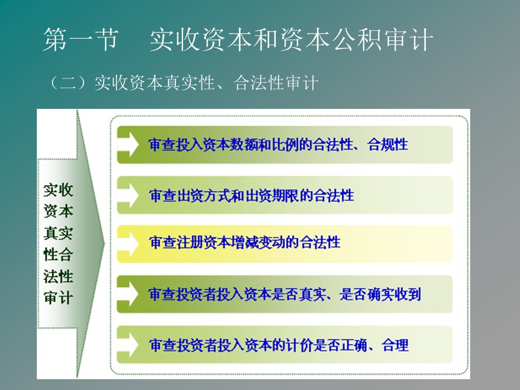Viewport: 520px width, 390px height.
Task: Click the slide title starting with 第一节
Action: coord(238,40)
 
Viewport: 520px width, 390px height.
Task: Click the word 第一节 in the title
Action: coord(81,40)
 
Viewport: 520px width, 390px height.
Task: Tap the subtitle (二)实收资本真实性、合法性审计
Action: coord(184,82)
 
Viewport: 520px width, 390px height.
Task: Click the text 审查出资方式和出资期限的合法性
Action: coord(251,196)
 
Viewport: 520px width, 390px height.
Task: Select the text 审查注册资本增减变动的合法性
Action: coord(245,243)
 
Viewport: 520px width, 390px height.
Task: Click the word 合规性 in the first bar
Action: coord(388,145)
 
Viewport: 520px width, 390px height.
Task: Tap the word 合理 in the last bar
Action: coord(395,345)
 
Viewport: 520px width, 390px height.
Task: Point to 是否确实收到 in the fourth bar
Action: coord(380,294)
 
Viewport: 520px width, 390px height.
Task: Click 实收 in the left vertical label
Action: coord(58,190)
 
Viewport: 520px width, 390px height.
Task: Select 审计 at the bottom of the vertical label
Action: coord(58,297)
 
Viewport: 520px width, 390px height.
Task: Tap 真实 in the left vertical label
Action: coord(58,233)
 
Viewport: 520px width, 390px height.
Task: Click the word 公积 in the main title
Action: coord(360,40)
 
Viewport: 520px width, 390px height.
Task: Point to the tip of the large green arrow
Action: coord(104,243)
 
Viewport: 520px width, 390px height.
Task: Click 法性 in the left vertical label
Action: coord(58,276)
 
